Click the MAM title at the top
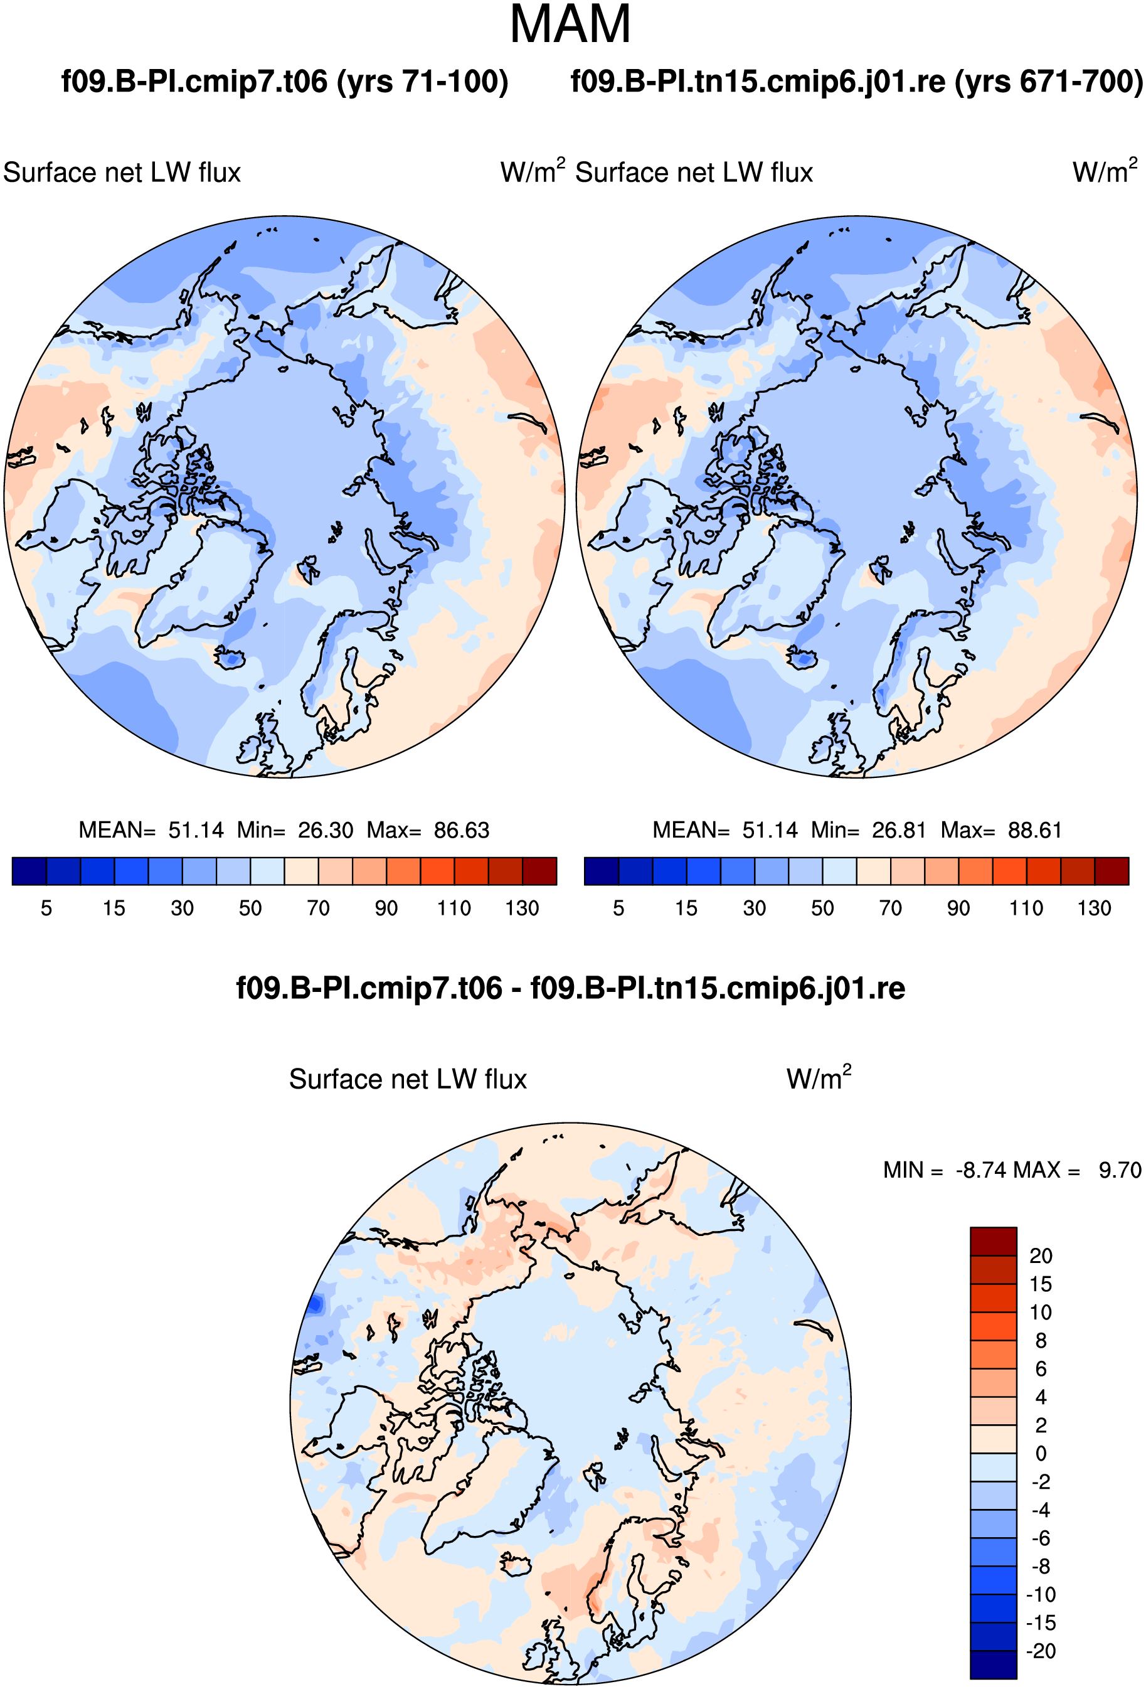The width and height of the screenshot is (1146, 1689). (570, 24)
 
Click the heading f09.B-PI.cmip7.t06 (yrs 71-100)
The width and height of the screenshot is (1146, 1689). (285, 82)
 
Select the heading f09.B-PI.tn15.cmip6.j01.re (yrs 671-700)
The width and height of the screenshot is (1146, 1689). (857, 82)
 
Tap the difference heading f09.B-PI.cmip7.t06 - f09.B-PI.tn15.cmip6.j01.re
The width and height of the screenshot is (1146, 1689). (570, 988)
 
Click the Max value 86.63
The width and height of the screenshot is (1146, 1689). (462, 830)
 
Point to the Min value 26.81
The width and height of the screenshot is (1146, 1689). (899, 830)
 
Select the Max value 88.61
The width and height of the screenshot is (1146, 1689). (1035, 830)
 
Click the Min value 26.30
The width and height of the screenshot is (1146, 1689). (326, 830)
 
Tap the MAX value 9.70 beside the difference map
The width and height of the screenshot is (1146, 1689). (1120, 1170)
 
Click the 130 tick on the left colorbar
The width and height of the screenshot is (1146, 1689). (522, 908)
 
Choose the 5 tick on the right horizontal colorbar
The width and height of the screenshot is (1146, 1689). (618, 908)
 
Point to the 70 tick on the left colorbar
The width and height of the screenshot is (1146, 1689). (318, 908)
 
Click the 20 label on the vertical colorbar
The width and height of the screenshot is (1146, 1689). (1041, 1256)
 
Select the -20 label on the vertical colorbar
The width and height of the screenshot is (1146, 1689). (1041, 1651)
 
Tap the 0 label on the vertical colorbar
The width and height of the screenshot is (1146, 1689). (1041, 1454)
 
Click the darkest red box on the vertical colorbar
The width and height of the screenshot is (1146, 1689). (994, 1241)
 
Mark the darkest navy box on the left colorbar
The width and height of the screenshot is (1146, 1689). (29, 871)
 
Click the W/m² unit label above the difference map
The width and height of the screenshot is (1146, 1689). (819, 1078)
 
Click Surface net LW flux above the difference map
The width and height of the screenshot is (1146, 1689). (408, 1079)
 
